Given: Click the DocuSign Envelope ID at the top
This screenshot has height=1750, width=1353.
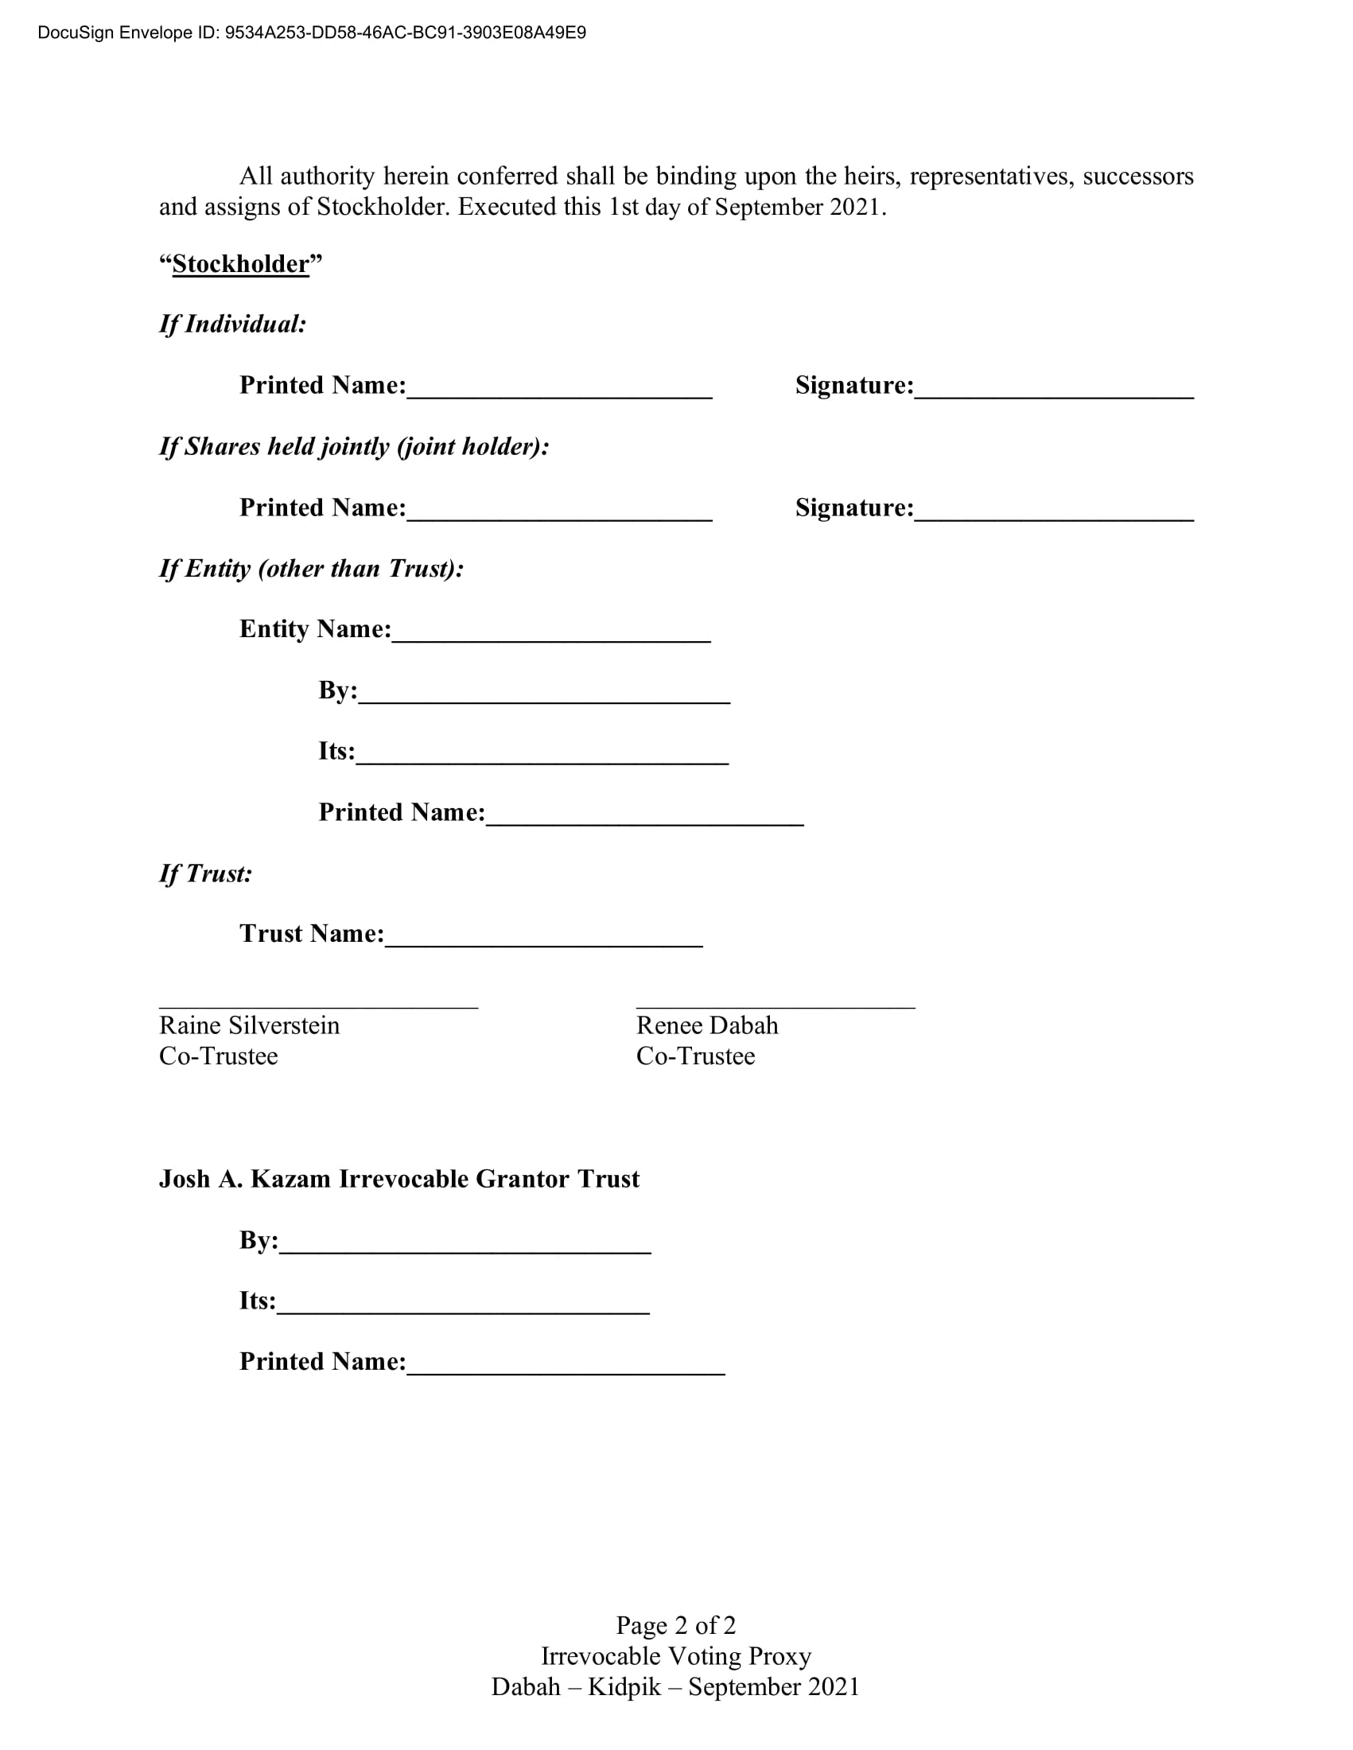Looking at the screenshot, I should pyautogui.click(x=312, y=33).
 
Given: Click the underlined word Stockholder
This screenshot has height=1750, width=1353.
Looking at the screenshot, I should pyautogui.click(x=240, y=263).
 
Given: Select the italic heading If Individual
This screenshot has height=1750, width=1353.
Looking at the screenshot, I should pyautogui.click(x=232, y=324).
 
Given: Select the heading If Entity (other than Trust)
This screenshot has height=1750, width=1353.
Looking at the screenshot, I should pyautogui.click(x=311, y=568).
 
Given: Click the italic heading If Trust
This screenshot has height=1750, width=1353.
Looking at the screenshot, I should pyautogui.click(x=205, y=873).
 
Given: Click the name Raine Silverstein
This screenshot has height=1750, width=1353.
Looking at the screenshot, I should pyautogui.click(x=249, y=1025).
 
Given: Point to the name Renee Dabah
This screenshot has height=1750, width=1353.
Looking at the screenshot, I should pyautogui.click(x=706, y=1025).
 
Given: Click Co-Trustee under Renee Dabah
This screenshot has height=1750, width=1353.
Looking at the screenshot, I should pyautogui.click(x=694, y=1056).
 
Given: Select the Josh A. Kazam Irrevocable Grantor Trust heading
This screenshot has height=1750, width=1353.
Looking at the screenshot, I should pyautogui.click(x=399, y=1179).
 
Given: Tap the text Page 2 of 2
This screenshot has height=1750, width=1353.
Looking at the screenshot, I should pyautogui.click(x=675, y=1625).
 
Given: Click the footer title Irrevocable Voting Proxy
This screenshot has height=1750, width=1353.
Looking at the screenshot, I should pyautogui.click(x=675, y=1655).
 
